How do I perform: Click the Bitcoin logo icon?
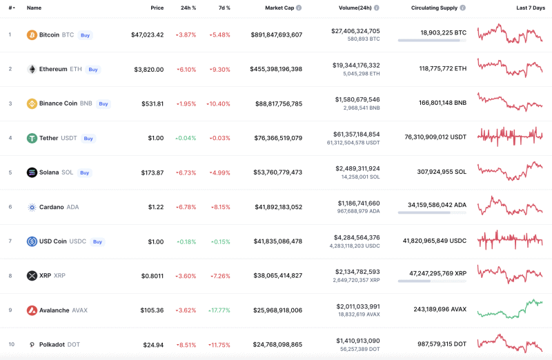32,34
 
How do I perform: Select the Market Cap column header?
279,8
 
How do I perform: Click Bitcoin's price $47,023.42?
147,34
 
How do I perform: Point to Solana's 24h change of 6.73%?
186,172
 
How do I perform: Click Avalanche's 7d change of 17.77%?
219,310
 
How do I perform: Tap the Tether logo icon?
32,138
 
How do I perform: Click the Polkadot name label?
52,344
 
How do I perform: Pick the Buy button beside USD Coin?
97,241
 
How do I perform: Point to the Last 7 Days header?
530,8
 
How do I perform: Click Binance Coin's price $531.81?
152,103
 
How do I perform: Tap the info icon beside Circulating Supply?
463,8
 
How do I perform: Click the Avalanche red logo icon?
32,310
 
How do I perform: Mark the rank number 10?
10,344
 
